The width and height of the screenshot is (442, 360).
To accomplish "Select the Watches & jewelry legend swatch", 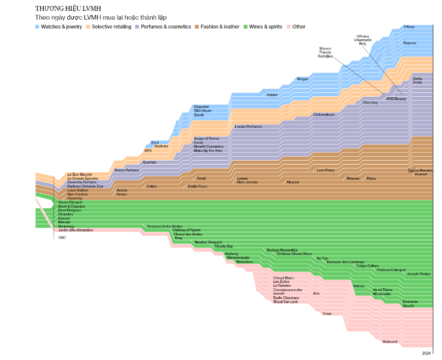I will pos(37,27).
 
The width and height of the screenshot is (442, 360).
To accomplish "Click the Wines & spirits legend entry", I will pos(265,27).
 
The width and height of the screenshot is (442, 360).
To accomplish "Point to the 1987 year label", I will pos(61,238).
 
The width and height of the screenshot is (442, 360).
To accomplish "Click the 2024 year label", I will pos(426,353).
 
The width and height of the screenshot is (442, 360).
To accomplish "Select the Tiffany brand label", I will pos(409,27).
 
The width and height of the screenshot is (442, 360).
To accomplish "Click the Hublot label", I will pos(272,95).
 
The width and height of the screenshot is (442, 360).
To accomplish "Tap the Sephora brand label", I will pos(161,146).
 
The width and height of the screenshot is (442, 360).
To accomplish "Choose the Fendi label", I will pos(201,178).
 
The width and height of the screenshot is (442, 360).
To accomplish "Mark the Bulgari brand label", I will pos(303,79).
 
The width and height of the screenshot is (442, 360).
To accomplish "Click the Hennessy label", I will pos(66,226).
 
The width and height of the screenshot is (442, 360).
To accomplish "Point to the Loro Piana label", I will pos(325,170).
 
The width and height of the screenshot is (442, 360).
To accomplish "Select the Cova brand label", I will pos(327,313).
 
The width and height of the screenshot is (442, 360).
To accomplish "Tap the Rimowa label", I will pos(353,178).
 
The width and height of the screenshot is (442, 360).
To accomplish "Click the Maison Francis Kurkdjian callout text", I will pos(325,53).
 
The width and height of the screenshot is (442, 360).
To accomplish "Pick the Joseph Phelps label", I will pos(418,274).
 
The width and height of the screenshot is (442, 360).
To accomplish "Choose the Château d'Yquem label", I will pos(186,230).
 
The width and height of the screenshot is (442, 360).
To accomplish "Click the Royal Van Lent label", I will pos(285,302).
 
